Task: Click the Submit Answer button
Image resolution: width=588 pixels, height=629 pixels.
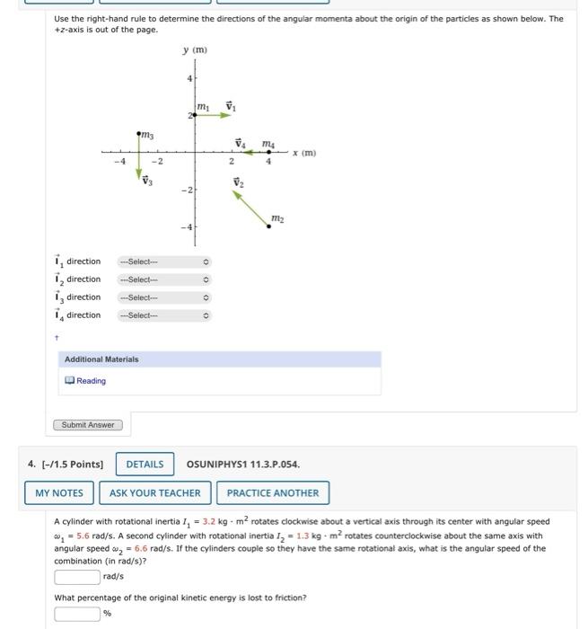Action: pos(87,424)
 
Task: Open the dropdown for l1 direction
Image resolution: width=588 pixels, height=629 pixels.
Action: pos(167,261)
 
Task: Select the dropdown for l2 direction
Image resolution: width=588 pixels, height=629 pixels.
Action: pos(167,279)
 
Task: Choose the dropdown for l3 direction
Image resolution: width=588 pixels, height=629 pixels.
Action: pos(167,297)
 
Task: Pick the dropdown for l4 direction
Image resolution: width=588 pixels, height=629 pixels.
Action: pos(167,315)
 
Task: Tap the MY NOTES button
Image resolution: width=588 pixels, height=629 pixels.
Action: pos(59,492)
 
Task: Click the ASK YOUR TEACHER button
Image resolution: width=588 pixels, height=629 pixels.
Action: pos(155,492)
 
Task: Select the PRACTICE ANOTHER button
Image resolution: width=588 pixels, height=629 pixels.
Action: pos(272,492)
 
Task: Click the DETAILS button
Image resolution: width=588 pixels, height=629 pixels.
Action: pos(145,464)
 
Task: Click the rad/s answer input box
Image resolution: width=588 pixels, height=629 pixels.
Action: pos(77,576)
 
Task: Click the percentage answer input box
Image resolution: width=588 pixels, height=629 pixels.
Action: pos(77,615)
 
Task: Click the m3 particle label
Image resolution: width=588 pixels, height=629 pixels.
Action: pos(146,134)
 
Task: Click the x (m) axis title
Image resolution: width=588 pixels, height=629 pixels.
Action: pos(305,154)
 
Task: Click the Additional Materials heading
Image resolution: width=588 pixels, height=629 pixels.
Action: pos(101,359)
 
